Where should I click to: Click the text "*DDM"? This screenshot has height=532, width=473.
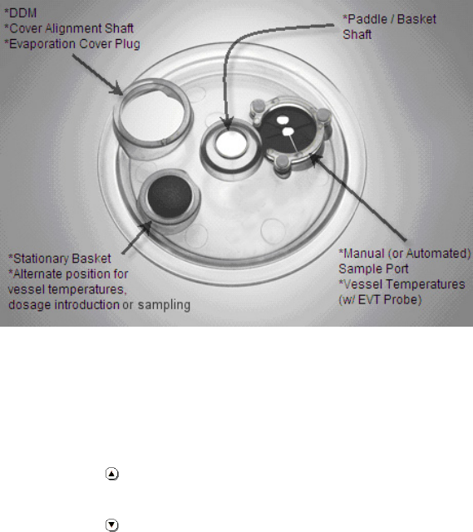click(20, 13)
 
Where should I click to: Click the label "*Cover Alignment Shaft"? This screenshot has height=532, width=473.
click(69, 28)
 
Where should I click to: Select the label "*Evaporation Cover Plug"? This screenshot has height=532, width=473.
click(72, 44)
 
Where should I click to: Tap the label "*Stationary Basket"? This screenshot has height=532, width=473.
click(60, 259)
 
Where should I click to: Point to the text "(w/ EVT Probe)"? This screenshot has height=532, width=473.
click(380, 299)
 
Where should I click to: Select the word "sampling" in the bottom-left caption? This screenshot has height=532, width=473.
click(164, 305)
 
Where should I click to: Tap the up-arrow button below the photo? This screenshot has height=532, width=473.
click(112, 474)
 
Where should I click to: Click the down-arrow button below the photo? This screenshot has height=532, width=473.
click(112, 525)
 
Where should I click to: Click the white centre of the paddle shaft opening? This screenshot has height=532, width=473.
click(231, 145)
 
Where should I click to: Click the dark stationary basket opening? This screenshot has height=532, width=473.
click(170, 196)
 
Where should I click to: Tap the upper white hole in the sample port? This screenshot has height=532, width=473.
click(283, 120)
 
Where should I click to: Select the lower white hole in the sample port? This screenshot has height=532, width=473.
click(288, 131)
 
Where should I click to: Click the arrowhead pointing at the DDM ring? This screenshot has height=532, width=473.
click(117, 89)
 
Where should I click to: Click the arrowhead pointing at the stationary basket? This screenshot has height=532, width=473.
click(146, 227)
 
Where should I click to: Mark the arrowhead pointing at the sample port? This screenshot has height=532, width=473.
click(315, 160)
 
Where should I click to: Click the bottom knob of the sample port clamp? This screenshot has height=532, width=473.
click(283, 163)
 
